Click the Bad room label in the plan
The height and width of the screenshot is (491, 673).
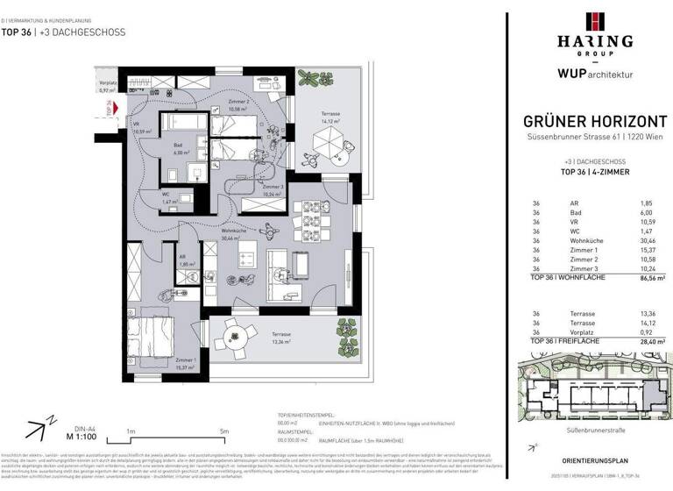[177, 146]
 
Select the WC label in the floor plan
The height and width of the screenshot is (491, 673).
[166, 195]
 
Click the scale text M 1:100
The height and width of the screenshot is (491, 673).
[81, 436]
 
